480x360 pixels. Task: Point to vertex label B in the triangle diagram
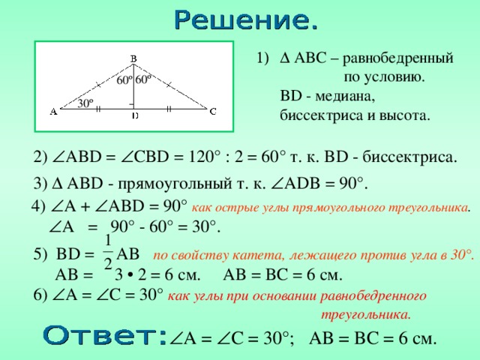click(133, 58)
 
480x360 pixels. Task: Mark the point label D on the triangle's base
click(134, 116)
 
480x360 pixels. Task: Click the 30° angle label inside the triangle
click(85, 103)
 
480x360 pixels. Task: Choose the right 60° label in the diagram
click(144, 78)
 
